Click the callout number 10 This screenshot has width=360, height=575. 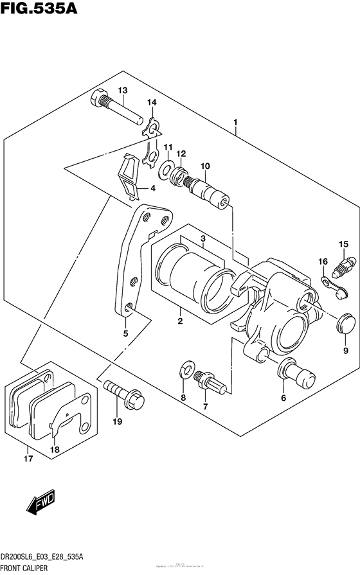(x=205, y=166)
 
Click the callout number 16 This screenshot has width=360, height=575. (x=323, y=261)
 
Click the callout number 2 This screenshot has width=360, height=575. (x=181, y=321)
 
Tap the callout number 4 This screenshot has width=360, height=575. (x=153, y=188)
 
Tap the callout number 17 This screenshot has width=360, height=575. (x=27, y=458)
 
